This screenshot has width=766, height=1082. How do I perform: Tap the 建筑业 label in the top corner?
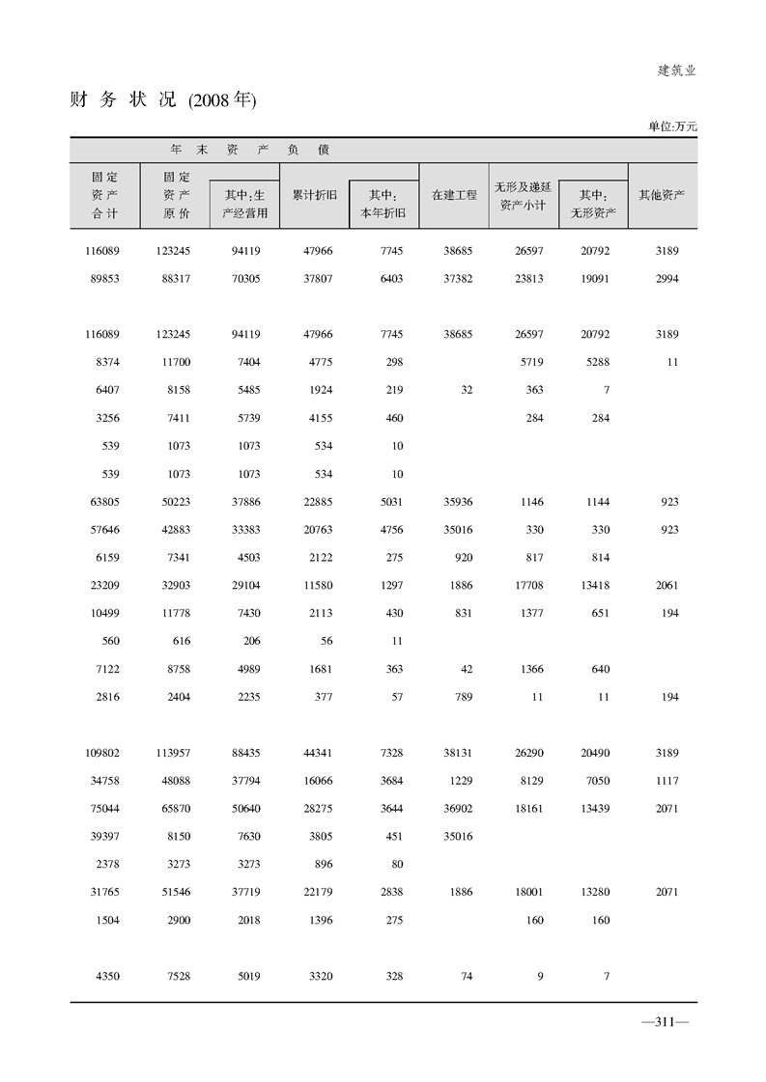(x=676, y=70)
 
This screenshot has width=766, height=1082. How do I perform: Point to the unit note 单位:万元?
(x=672, y=126)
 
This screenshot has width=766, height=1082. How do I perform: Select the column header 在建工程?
(x=454, y=195)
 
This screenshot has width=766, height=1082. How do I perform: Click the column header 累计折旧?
(x=315, y=195)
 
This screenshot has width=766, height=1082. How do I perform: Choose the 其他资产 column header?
(x=662, y=195)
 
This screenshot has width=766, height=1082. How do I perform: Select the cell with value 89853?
(x=102, y=279)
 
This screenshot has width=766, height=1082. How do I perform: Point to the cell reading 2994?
(x=665, y=279)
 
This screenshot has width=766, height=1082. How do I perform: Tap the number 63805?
(x=102, y=502)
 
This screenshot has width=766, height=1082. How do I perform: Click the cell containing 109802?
(x=102, y=753)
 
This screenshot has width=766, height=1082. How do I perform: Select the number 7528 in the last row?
(x=178, y=977)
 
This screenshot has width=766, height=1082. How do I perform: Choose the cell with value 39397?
(x=102, y=837)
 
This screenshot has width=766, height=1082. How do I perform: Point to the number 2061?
(x=665, y=586)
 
